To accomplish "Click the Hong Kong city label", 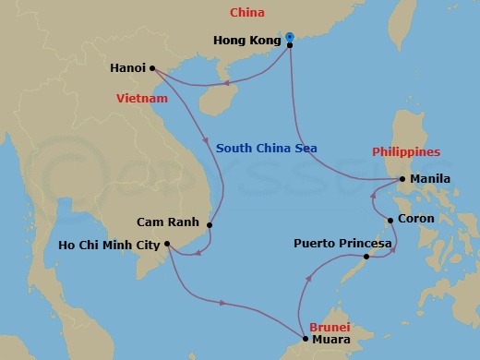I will (x=246, y=41).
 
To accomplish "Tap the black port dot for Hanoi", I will (x=151, y=67).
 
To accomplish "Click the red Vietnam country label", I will (x=142, y=98).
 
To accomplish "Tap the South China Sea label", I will (x=262, y=148).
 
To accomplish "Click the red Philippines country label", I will (x=406, y=152).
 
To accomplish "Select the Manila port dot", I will (x=402, y=179).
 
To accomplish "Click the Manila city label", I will (x=430, y=179).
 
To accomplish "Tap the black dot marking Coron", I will (x=390, y=220).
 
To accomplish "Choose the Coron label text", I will (x=415, y=220).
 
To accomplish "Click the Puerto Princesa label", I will (x=343, y=244).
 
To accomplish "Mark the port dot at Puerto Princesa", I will (x=367, y=256).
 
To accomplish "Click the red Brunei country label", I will (x=330, y=327).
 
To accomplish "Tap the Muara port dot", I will (x=305, y=339).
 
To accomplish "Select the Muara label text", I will (x=330, y=340).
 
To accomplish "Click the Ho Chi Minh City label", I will (x=109, y=245).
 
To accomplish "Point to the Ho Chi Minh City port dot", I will (x=167, y=245).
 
